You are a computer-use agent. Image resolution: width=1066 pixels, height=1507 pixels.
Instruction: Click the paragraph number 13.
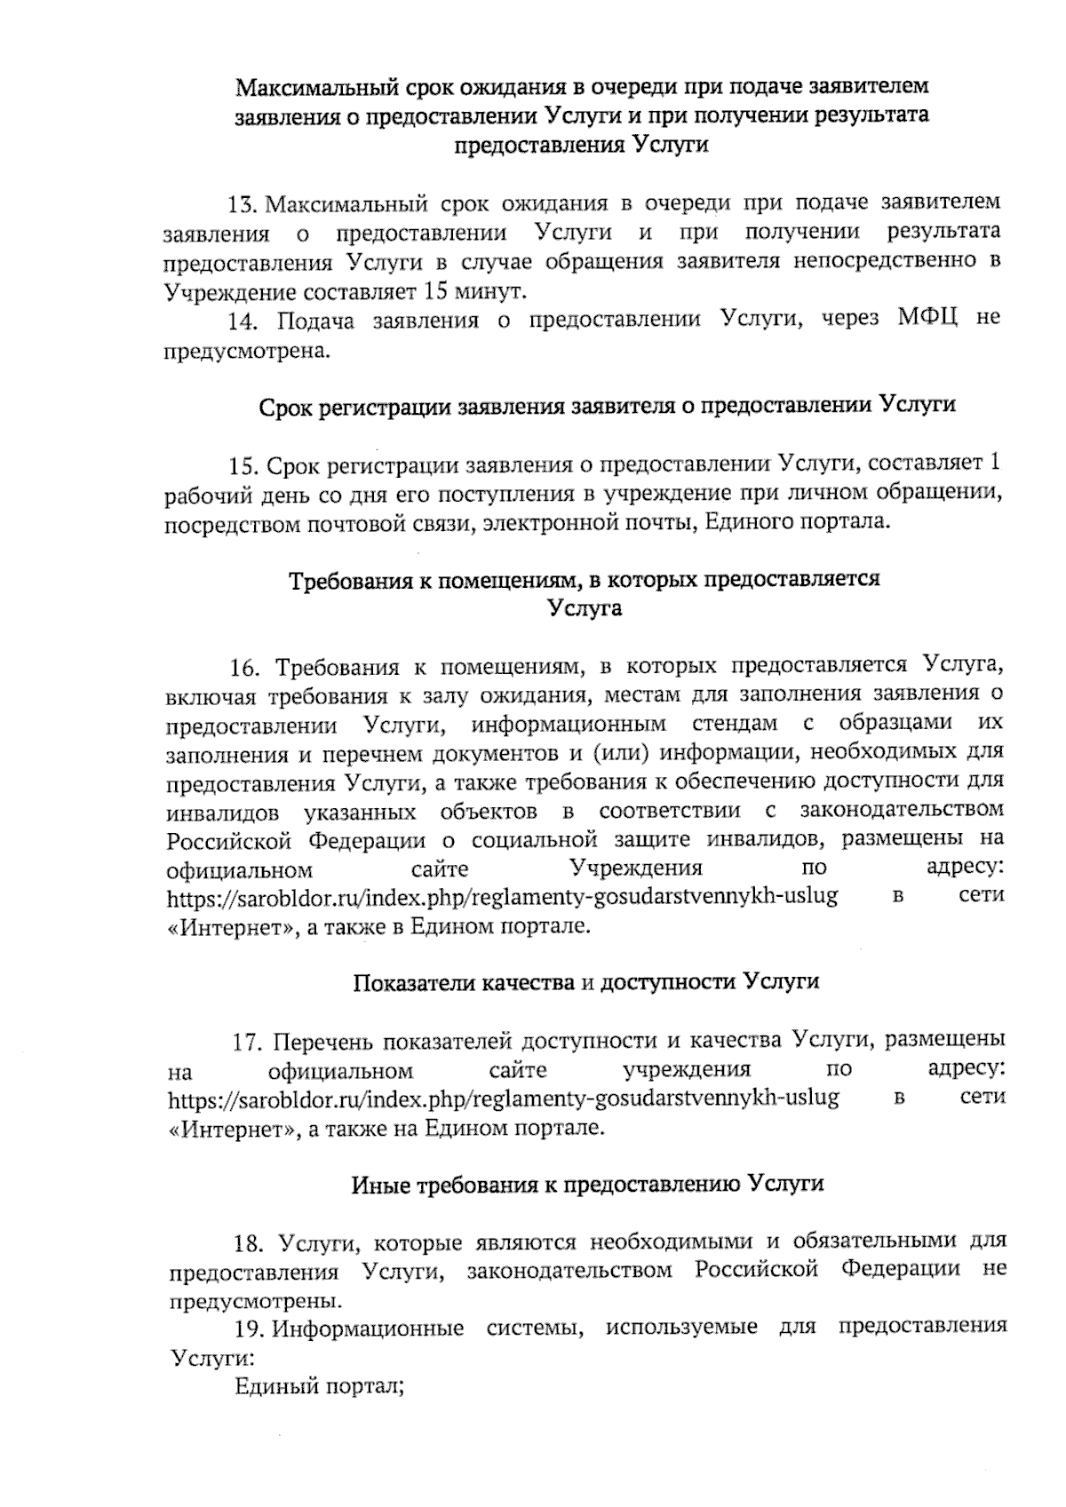[x=243, y=204]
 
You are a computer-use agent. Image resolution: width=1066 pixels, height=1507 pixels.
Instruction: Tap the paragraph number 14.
[x=243, y=321]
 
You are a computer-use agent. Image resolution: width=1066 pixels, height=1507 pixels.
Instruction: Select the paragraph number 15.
[x=243, y=465]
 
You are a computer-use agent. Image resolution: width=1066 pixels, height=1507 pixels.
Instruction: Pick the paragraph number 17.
[x=246, y=1041]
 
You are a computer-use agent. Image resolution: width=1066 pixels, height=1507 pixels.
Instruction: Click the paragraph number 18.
[x=246, y=1241]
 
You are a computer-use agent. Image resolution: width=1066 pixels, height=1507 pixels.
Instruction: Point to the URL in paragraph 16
[x=503, y=897]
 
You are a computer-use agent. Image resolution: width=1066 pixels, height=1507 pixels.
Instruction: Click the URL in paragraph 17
[x=503, y=1099]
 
